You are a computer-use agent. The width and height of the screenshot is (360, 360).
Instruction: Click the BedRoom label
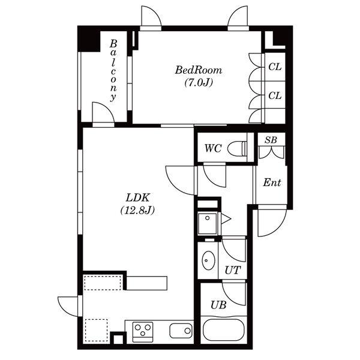tap(199, 70)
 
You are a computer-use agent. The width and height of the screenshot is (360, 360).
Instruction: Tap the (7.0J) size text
tap(199, 83)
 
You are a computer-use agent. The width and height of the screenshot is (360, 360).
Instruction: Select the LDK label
tap(138, 197)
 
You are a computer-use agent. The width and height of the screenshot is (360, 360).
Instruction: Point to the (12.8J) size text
tap(137, 210)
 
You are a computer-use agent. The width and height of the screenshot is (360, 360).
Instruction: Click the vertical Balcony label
tap(113, 70)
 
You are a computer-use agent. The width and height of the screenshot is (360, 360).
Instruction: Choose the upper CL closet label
tap(275, 67)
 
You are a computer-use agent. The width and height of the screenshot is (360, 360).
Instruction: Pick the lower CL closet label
tap(275, 95)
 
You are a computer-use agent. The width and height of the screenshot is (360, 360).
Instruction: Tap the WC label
tap(213, 148)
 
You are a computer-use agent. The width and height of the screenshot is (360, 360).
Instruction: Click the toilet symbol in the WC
tap(238, 149)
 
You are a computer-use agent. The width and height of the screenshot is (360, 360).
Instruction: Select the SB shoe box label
tap(271, 140)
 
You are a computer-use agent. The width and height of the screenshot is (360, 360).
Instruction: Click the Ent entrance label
tap(272, 182)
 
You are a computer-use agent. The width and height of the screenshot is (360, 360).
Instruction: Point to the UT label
tap(233, 271)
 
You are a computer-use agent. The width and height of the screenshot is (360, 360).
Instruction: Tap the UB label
tap(218, 305)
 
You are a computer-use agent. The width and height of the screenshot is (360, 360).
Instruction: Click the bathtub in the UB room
tap(224, 330)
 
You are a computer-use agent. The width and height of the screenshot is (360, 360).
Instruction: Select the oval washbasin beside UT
tap(208, 260)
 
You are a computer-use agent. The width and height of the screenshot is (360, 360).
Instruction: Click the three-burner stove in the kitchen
tap(143, 332)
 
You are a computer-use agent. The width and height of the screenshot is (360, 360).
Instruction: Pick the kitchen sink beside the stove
tap(181, 331)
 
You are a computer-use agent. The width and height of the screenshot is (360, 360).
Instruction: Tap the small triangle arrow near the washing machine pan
tap(226, 218)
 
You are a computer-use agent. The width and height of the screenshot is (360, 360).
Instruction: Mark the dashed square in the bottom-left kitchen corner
tap(97, 331)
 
